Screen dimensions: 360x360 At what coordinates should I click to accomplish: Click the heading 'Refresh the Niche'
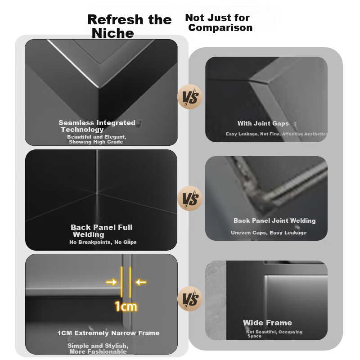(129, 26)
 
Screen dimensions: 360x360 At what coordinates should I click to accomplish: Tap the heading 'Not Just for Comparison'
(219, 22)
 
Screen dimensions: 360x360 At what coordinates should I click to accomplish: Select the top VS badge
(190, 97)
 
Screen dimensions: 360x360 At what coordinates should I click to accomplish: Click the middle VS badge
(190, 198)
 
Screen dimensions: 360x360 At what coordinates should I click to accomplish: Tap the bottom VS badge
(190, 299)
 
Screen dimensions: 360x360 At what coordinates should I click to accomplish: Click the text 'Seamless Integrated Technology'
(97, 126)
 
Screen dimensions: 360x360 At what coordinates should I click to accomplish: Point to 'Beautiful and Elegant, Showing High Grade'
(96, 139)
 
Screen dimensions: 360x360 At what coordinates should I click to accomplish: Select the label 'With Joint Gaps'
(263, 123)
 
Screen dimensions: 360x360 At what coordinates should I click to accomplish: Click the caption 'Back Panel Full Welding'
(102, 231)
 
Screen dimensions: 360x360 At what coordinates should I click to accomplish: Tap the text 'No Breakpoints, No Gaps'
(103, 242)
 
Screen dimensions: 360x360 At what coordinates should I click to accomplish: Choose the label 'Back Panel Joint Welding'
(274, 220)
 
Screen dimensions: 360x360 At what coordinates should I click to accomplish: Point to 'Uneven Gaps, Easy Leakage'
(269, 233)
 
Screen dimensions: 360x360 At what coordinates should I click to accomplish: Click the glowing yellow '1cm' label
(126, 306)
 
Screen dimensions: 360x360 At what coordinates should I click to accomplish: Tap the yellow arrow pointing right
(111, 282)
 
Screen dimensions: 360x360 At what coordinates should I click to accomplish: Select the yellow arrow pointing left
(141, 282)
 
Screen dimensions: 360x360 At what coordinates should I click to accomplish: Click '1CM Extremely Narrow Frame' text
(108, 333)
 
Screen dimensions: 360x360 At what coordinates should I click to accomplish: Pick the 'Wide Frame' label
(267, 323)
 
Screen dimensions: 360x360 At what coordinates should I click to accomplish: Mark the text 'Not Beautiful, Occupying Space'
(274, 334)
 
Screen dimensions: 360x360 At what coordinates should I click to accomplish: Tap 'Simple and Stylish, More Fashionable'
(98, 348)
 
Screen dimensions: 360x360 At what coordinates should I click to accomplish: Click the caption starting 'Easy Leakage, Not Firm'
(277, 134)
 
